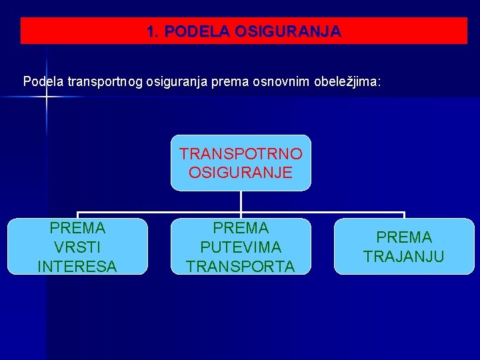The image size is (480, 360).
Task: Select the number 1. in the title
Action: click(x=153, y=31)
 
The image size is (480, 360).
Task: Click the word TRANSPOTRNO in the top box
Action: click(x=241, y=154)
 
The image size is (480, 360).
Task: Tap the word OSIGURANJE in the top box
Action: click(x=241, y=173)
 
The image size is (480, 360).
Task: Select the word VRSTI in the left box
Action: click(x=77, y=247)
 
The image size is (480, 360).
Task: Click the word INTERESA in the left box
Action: click(x=77, y=267)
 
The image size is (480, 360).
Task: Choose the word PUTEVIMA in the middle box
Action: click(x=241, y=247)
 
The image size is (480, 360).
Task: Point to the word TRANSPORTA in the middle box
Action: click(x=241, y=267)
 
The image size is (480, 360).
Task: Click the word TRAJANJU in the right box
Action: click(x=404, y=257)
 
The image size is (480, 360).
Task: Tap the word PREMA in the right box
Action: click(x=404, y=237)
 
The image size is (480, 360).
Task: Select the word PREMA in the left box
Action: click(x=77, y=228)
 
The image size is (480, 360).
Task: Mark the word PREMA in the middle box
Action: click(x=241, y=228)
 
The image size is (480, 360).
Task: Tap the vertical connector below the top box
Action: click(x=241, y=201)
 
